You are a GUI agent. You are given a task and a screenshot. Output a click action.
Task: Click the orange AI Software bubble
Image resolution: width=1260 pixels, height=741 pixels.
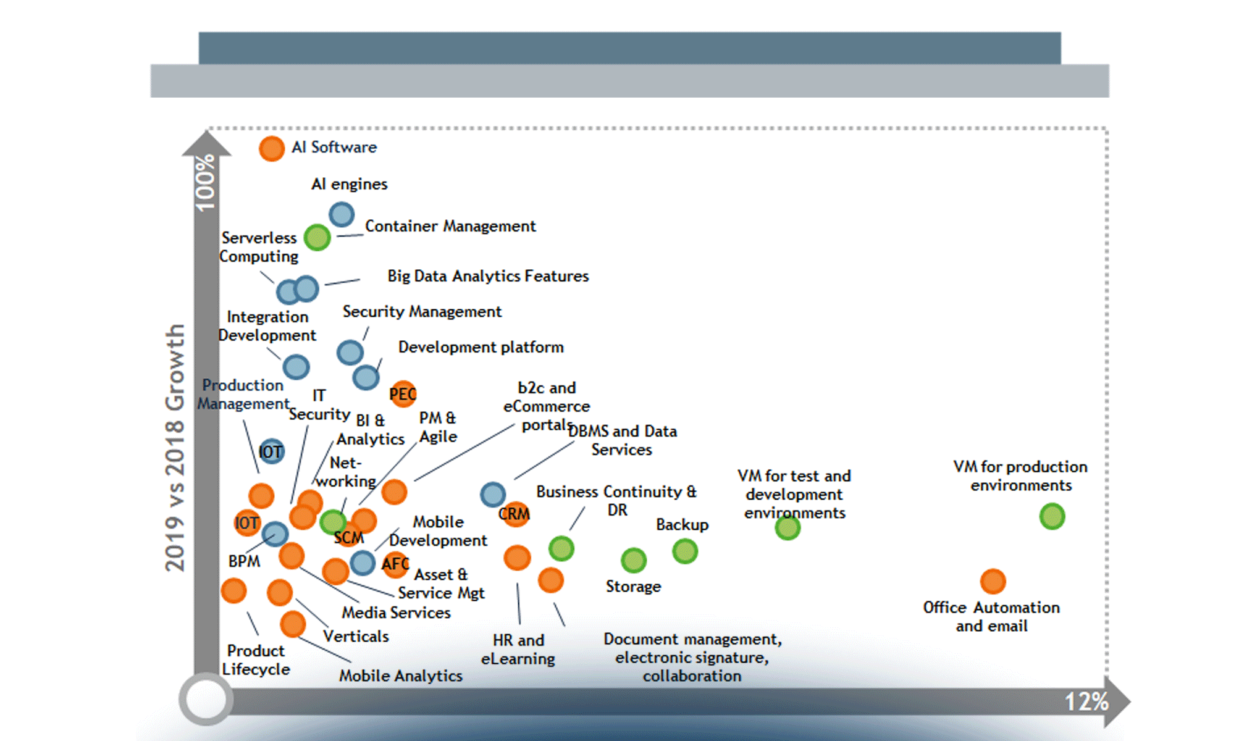272,149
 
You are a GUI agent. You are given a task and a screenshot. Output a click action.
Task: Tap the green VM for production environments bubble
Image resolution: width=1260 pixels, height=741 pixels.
1052,516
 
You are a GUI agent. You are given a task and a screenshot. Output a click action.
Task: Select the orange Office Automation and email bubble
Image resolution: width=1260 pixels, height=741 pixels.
993,581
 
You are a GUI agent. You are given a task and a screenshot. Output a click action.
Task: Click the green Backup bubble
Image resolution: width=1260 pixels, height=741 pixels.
685,551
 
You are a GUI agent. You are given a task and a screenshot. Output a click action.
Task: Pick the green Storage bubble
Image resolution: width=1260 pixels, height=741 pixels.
633,561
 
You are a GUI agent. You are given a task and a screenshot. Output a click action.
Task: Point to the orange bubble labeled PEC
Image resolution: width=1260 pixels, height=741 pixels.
403,393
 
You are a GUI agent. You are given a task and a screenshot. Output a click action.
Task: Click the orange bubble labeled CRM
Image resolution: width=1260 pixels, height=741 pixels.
514,513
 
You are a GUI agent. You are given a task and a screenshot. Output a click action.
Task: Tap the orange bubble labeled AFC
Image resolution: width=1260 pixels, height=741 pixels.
395,564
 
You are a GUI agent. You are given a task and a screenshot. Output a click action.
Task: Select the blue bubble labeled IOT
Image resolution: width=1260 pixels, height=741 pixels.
271,452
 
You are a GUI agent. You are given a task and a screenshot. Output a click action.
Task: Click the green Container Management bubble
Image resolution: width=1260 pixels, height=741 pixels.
317,238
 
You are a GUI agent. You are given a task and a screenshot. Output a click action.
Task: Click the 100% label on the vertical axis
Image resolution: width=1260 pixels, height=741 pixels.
205,182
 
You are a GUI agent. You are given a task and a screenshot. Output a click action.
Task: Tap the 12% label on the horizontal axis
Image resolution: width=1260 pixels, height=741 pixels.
1086,701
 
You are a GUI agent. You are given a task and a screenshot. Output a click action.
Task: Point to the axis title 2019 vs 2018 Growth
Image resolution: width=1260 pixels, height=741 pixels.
175,448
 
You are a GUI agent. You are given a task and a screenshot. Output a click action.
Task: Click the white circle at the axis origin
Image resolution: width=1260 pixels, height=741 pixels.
206,700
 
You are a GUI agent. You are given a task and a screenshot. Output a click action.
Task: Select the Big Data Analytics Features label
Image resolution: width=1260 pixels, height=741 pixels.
488,276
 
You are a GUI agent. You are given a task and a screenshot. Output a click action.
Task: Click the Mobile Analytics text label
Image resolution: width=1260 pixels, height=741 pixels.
400,676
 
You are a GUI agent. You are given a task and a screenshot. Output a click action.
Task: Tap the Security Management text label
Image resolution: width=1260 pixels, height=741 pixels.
422,312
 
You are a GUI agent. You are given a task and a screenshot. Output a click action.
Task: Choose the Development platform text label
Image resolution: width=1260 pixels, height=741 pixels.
481,347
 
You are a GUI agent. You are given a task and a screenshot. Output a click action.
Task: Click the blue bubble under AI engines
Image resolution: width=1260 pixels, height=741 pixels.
342,215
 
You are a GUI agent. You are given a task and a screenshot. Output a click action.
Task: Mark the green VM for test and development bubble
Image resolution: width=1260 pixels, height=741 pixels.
787,528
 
